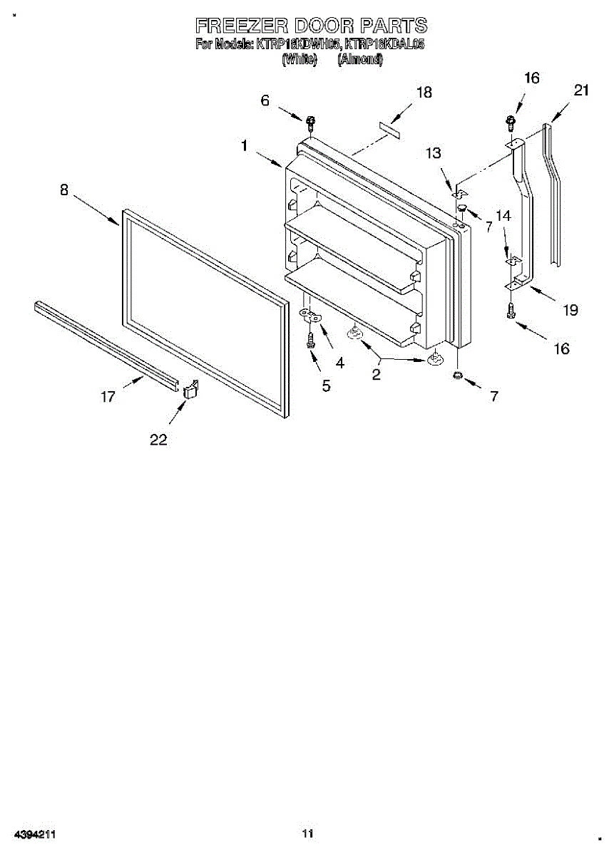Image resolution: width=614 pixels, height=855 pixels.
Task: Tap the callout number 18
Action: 424,93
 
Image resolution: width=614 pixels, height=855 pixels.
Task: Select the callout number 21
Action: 581,90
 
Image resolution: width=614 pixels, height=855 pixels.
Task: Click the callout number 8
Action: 64,190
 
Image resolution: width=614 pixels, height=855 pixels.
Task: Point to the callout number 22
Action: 158,440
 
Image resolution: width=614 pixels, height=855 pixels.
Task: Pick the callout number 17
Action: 108,397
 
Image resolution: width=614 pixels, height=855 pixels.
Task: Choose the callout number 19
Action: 570,310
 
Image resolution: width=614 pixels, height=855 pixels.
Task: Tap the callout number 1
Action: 244,146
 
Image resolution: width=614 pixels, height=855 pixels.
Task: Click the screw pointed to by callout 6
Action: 310,123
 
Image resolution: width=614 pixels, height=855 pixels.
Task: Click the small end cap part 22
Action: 190,389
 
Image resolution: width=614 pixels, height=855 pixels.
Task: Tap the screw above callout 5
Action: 311,340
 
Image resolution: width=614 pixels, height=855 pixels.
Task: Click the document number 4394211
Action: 35,833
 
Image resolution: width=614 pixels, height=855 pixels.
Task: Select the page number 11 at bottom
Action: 307,833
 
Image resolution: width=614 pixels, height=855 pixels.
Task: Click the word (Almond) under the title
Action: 361,60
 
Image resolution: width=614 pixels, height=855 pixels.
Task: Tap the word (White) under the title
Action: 299,60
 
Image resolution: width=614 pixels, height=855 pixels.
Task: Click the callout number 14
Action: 503,214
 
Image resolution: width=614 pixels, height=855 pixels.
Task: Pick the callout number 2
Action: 376,373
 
